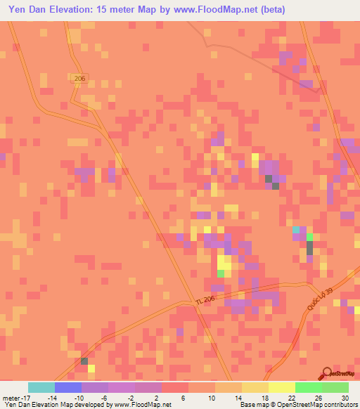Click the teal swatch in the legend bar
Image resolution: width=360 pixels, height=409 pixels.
[x=41, y=387]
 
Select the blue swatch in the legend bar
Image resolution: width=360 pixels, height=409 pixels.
[x=67, y=387]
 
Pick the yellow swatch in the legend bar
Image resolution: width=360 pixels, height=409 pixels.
[x=281, y=387]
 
